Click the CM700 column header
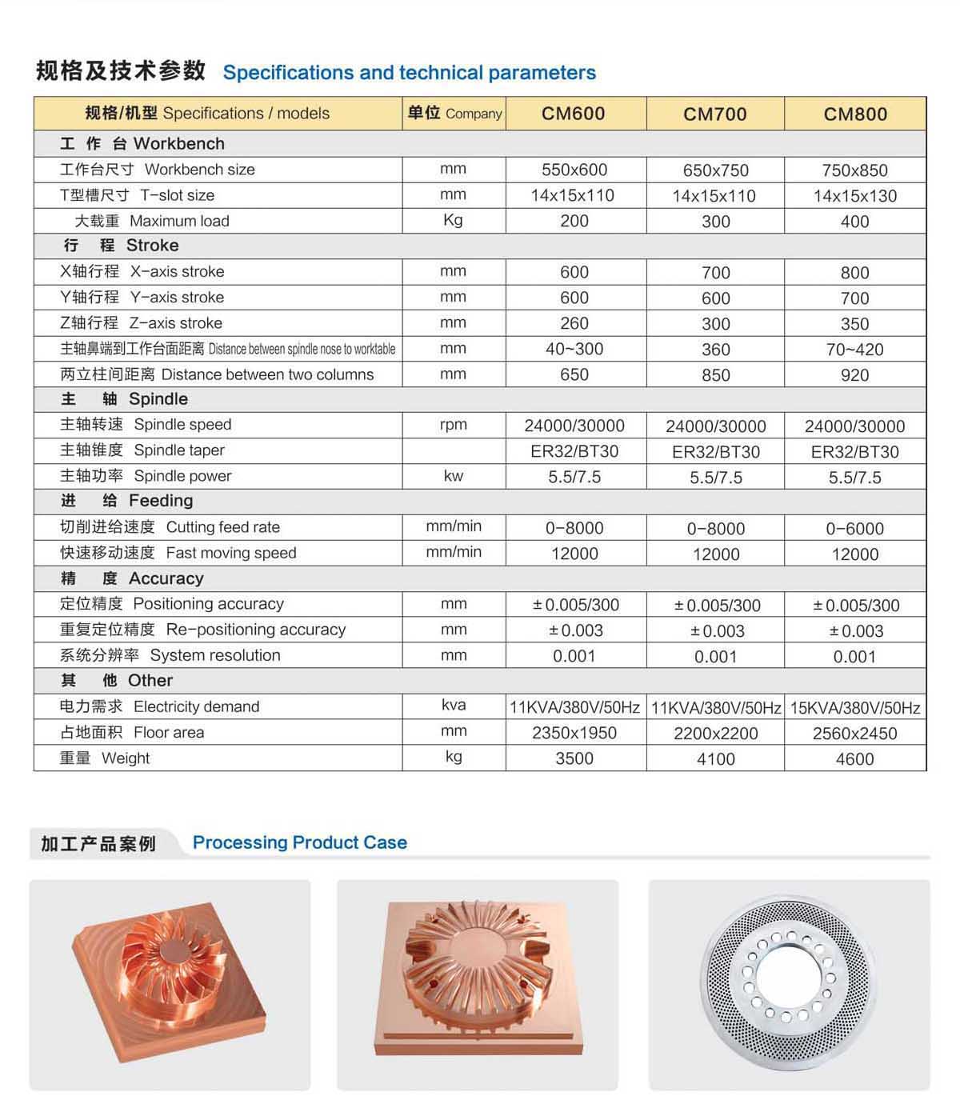[715, 114]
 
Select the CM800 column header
[855, 114]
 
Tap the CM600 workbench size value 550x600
[574, 170]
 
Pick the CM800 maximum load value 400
[855, 222]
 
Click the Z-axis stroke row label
[142, 323]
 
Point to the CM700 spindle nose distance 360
[715, 350]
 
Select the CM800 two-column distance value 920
[855, 375]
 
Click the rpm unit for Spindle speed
[454, 425]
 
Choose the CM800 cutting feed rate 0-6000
[855, 529]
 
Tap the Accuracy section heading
[133, 578]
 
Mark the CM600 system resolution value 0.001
[574, 656]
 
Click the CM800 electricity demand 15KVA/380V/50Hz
[855, 708]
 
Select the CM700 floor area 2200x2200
[715, 734]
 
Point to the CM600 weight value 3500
[574, 758]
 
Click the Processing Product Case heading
[299, 842]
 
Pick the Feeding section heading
[127, 501]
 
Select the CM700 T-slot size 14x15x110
[714, 196]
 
